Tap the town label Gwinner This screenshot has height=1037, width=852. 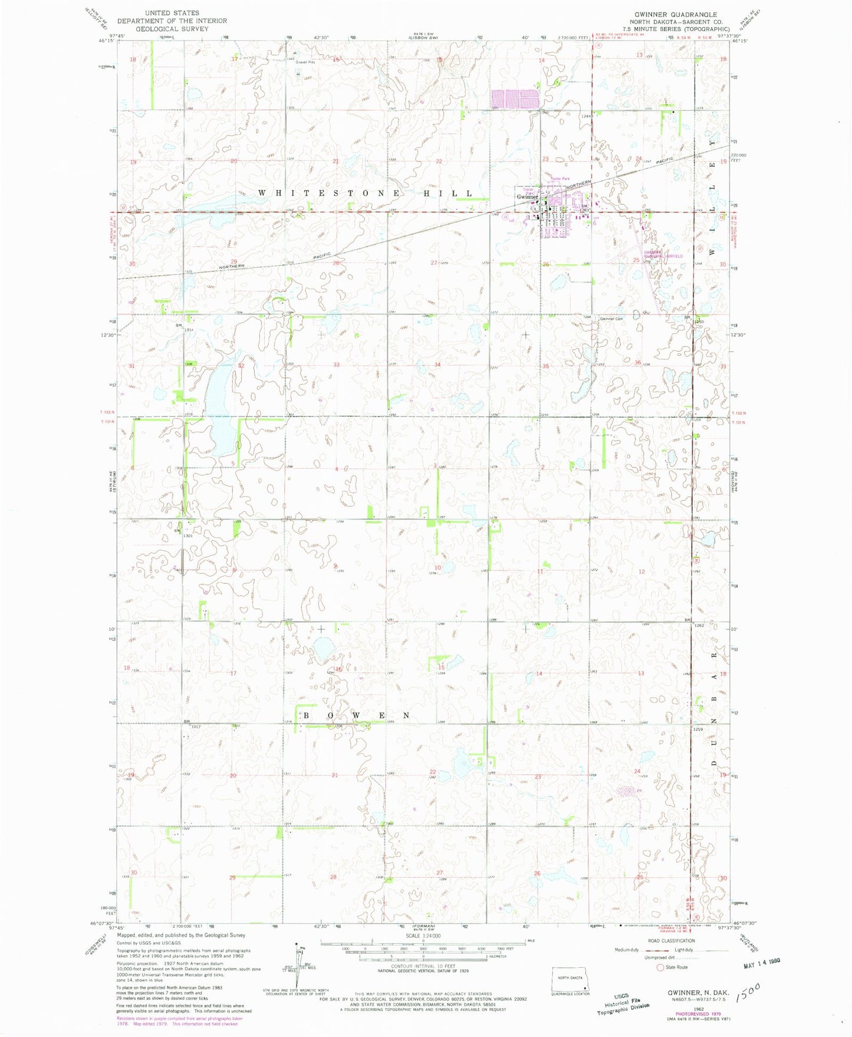point(527,196)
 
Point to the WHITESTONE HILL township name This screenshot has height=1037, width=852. point(366,193)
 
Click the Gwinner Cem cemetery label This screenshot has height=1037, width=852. point(611,319)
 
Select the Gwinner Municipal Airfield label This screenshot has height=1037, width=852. point(663,254)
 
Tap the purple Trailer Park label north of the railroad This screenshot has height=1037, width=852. point(560,178)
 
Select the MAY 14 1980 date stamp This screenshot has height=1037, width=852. point(761,978)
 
